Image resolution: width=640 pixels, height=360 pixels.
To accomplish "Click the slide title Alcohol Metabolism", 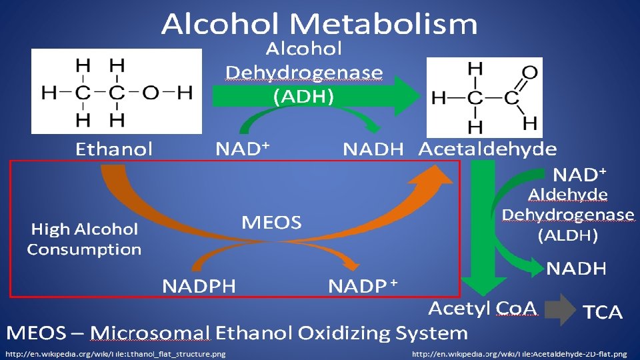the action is (319, 25).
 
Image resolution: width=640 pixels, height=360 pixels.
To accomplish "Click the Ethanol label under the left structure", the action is (113, 149).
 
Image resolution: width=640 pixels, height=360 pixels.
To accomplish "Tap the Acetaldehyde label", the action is (487, 149).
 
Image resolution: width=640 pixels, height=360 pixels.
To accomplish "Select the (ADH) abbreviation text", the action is (304, 96).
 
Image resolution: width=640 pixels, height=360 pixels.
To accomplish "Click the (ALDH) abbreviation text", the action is (567, 235).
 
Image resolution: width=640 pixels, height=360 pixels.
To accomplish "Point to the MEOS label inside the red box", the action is (271, 223).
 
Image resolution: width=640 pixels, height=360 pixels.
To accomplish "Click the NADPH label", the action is (199, 286).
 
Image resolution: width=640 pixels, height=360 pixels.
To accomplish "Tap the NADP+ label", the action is (363, 286).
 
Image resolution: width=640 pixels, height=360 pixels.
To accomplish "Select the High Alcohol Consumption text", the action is (84, 239).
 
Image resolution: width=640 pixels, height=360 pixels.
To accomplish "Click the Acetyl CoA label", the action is (482, 308).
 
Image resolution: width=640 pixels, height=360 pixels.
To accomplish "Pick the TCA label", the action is (603, 312).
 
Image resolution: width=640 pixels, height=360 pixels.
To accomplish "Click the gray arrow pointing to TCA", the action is (562, 309).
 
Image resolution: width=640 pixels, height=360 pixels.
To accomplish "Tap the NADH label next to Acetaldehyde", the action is (373, 149).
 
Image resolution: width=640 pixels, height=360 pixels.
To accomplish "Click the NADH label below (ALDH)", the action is (577, 269).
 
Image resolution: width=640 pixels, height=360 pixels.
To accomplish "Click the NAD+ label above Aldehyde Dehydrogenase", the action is (580, 175).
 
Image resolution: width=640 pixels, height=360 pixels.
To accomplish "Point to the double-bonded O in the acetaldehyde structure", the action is (529, 71).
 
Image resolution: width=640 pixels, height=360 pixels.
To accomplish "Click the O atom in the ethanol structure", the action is (151, 92).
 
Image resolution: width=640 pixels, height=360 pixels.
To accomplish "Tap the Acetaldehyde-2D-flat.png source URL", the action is (519, 353).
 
